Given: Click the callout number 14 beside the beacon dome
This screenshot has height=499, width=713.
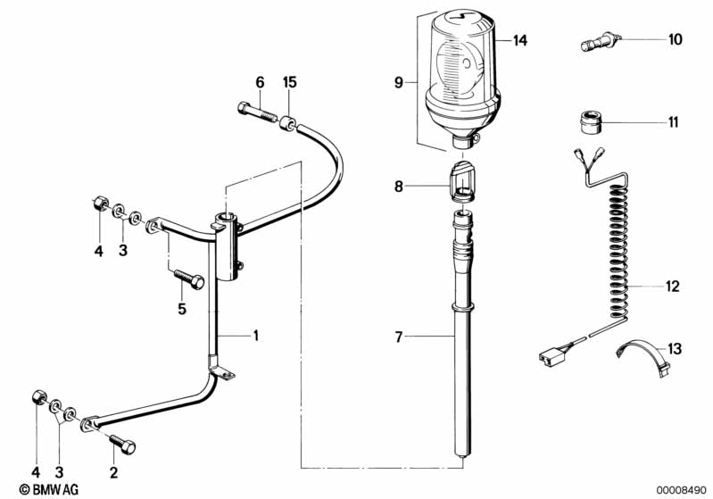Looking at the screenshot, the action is [519, 40].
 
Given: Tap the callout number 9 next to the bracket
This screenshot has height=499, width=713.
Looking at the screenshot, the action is [399, 83].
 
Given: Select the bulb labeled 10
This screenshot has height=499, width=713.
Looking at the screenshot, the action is [599, 41].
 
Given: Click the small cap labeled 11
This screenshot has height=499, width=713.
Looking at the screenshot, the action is [592, 122].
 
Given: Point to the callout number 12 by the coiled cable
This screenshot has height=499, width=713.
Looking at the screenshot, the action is [672, 287].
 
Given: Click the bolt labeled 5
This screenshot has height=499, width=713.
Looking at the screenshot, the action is [188, 279].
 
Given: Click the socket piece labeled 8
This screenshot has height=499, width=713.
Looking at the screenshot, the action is [462, 182].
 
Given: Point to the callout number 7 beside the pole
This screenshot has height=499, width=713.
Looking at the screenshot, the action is [399, 337].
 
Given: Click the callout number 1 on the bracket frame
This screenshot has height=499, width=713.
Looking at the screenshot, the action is [255, 336].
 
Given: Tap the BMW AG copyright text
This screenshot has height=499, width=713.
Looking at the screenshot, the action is [49, 489].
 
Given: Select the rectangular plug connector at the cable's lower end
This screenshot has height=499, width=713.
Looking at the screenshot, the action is [551, 353].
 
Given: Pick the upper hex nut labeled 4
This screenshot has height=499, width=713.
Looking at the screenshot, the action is [99, 204].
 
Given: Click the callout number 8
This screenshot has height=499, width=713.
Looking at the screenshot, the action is [399, 187].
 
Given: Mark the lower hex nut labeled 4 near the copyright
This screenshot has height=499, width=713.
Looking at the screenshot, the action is [38, 396].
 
